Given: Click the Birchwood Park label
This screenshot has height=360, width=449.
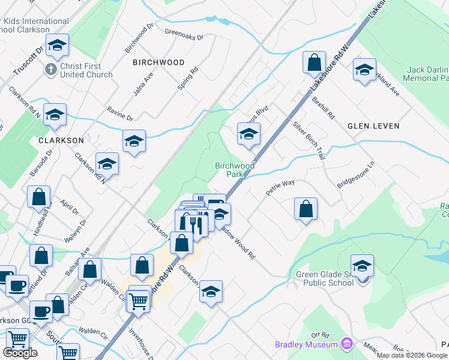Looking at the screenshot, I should (x=235, y=170).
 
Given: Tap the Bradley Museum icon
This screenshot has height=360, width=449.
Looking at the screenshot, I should (x=347, y=344).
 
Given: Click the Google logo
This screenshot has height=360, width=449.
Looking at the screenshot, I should (x=20, y=353).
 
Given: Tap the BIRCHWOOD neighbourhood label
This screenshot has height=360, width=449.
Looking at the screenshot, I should (x=158, y=62).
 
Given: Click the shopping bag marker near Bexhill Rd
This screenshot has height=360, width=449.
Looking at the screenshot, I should (x=315, y=62).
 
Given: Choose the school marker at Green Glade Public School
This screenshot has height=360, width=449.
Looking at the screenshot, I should (x=363, y=265).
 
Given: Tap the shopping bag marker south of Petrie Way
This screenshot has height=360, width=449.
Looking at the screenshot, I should (x=306, y=208).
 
